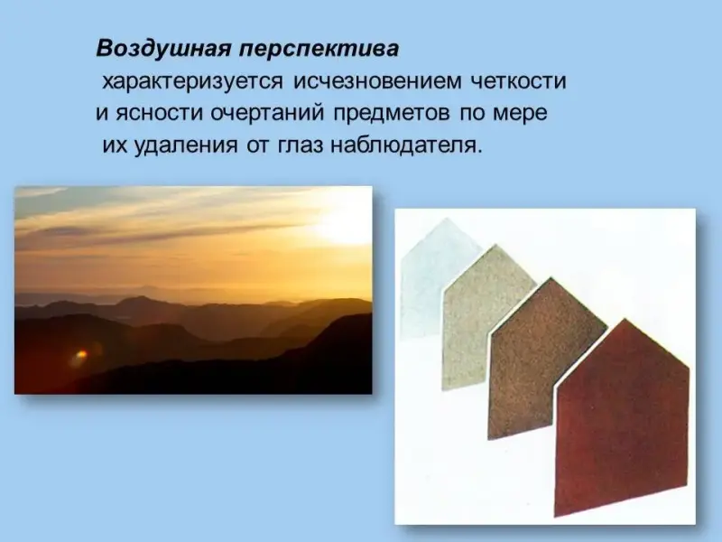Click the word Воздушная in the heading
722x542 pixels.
click(163, 50)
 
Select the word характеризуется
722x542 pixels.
click(192, 82)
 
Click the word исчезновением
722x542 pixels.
click(377, 81)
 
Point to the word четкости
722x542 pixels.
click(518, 81)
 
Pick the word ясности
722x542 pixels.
click(159, 114)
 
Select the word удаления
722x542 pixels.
click(186, 146)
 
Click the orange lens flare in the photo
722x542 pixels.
click(80, 355)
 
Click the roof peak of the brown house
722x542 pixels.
click(551, 277)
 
